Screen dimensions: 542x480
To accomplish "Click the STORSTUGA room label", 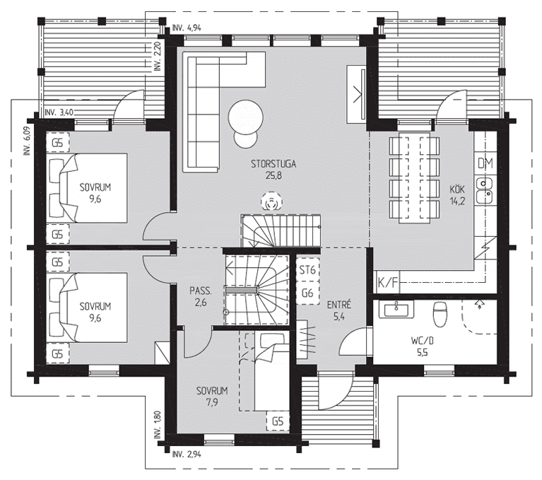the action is click(x=273, y=163).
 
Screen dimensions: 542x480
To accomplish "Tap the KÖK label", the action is click(x=457, y=189).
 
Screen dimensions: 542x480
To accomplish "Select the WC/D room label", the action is click(x=423, y=341).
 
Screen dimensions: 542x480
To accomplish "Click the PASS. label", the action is click(x=201, y=291).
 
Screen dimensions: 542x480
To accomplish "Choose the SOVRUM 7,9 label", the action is click(x=212, y=391).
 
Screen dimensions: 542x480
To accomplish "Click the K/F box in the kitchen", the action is click(x=387, y=282).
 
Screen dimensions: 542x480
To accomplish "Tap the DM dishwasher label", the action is click(x=485, y=163).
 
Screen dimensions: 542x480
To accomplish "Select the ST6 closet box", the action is click(x=307, y=270).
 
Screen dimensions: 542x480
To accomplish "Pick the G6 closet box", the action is click(x=307, y=293).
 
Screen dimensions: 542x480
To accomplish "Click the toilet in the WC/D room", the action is click(x=440, y=314).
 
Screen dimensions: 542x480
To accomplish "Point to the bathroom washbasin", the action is click(x=396, y=309).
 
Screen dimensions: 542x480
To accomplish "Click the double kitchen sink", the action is click(x=484, y=191).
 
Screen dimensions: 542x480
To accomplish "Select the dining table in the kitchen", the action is click(x=415, y=177).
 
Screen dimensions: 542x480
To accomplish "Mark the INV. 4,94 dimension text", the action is click(x=187, y=28).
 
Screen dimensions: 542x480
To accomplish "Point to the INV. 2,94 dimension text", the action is click(x=187, y=454).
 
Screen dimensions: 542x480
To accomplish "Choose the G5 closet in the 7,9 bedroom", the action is click(x=278, y=421).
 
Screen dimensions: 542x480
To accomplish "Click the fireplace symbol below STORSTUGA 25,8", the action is click(x=271, y=201).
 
